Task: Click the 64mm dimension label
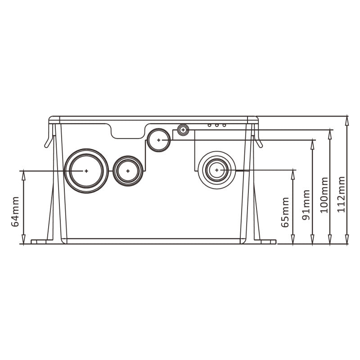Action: [15, 211]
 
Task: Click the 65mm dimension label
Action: [285, 212]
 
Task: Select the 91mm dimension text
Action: [306, 205]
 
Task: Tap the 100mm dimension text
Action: [324, 195]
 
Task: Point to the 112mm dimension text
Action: [341, 194]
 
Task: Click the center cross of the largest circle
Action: [86, 171]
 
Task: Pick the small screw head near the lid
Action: [183, 130]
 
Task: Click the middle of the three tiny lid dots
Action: [217, 125]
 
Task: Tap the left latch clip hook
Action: [49, 141]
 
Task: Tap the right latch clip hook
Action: [258, 141]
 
